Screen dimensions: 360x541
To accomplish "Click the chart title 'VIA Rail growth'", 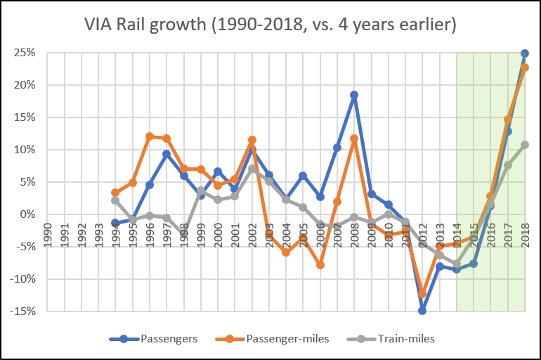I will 270,27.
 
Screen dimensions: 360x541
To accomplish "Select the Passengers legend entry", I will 155,339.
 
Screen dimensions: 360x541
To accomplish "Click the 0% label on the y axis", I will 28,214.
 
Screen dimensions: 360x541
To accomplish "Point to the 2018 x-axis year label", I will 524,232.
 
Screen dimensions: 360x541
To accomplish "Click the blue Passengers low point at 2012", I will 422,310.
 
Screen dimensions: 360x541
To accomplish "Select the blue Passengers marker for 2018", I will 525,53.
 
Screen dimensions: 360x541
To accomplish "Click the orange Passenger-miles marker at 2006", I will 320,265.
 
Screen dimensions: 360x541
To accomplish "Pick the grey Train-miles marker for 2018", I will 525,145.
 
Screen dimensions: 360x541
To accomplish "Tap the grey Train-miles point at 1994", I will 115,200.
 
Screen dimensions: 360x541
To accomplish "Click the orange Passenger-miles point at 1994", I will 115,193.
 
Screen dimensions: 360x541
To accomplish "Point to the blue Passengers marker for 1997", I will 167,154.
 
